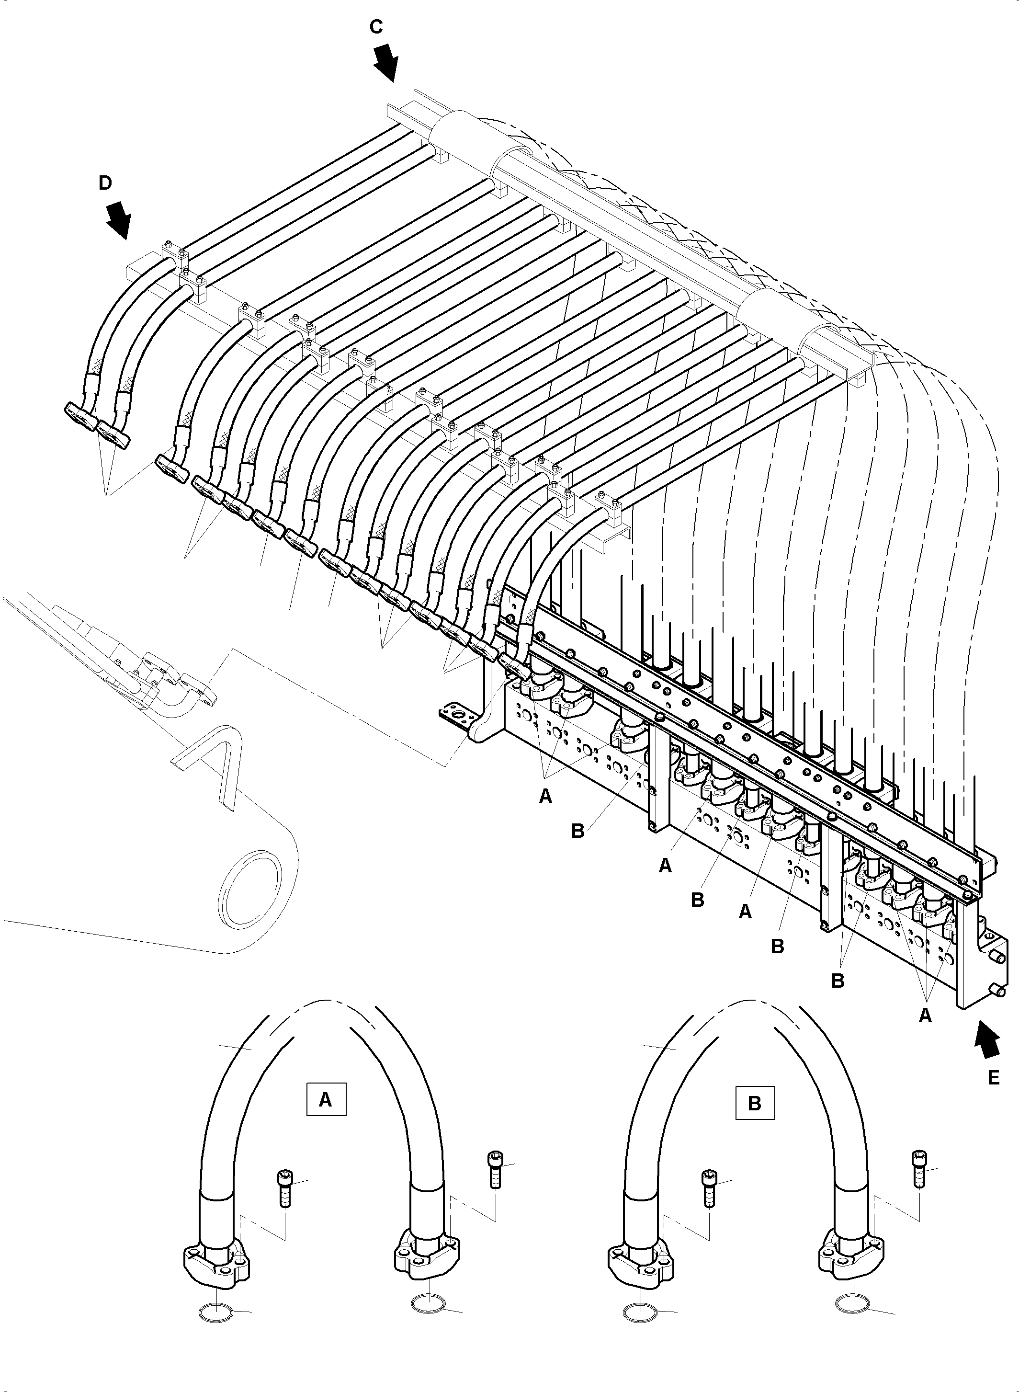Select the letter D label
click(105, 183)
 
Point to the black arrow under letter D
click(118, 221)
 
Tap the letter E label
click(993, 1078)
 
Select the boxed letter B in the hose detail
click(754, 1103)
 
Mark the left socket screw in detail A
click(283, 1187)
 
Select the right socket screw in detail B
click(918, 1168)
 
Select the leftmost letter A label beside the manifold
click(545, 797)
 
